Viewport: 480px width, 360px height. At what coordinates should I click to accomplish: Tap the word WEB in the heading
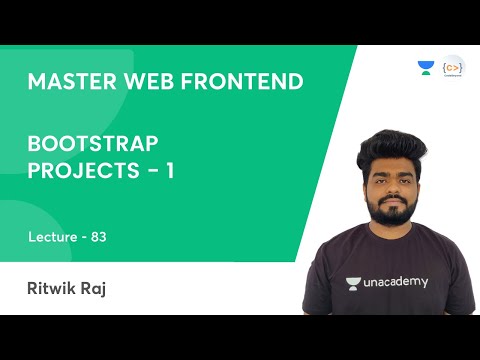[145, 81]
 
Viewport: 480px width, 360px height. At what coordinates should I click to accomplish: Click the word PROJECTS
[79, 171]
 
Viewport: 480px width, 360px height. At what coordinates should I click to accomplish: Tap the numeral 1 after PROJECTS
[170, 171]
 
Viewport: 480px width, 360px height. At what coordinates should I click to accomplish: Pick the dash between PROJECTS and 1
[149, 172]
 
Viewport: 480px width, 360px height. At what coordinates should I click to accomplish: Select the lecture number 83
[98, 237]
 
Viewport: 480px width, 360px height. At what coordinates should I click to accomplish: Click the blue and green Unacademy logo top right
[426, 68]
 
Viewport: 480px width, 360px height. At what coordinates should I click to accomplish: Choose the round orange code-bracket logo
[453, 67]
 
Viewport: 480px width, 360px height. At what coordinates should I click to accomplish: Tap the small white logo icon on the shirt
[353, 282]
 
